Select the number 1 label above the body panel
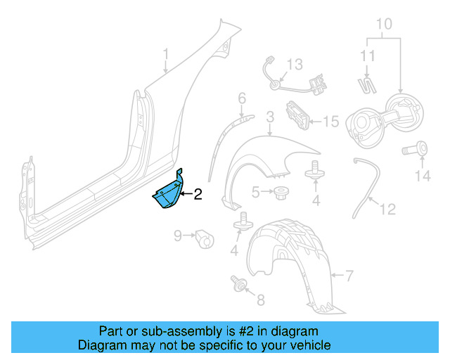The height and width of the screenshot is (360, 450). pos(166,54)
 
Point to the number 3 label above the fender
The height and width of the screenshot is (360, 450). pos(269,117)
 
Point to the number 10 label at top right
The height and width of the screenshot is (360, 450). pos(383,24)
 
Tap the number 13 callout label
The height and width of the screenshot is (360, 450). pos(294,65)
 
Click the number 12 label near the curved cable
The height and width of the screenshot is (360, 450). pos(387,209)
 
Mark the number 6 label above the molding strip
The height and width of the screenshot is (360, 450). pos(241,97)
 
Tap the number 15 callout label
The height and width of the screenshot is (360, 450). pos(330,122)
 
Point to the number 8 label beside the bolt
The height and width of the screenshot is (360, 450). pos(260,301)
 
